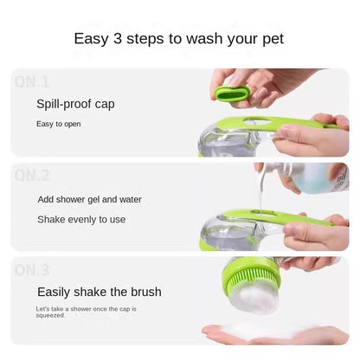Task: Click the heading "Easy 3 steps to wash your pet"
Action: coord(179,39)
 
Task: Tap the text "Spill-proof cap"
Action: coord(75,104)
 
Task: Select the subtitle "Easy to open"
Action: coord(59,124)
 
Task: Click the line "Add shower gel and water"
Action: coord(89,200)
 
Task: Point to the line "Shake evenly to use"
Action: coord(81,220)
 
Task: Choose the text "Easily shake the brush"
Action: coord(100,292)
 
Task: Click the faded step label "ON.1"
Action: coord(32,82)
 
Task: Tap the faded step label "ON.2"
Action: coord(32,175)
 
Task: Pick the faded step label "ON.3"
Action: coord(32,270)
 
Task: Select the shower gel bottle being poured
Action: coord(312,177)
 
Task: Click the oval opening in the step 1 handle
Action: coord(257,123)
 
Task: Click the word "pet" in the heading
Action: coord(273,40)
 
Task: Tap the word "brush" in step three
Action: coord(146,292)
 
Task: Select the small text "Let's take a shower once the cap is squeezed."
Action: coord(86,312)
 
